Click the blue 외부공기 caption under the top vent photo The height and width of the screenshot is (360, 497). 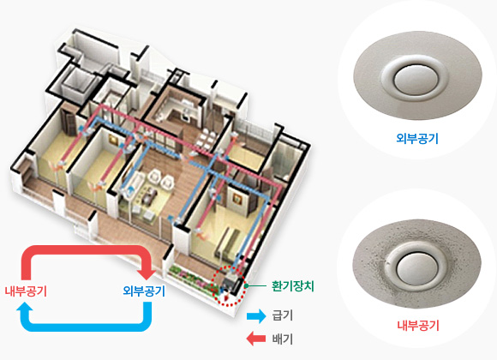coord(417,139)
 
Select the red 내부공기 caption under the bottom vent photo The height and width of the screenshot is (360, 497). coord(418,326)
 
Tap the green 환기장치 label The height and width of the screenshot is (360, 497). coord(292,286)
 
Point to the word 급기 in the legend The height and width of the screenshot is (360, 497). coord(282,316)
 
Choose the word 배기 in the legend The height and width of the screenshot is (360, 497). coord(282,339)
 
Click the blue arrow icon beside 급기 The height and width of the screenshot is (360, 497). coord(256,316)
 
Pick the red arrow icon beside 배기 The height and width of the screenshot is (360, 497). coord(256,339)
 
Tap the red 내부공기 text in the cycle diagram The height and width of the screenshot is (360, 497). coord(26,291)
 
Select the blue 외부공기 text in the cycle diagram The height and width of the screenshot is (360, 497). coord(144,291)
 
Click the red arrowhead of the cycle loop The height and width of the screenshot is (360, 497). coord(147,273)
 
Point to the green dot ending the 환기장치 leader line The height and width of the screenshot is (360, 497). coord(246,285)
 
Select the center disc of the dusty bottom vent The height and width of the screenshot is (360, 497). coord(417,268)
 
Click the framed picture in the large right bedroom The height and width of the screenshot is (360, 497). coord(237,199)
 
